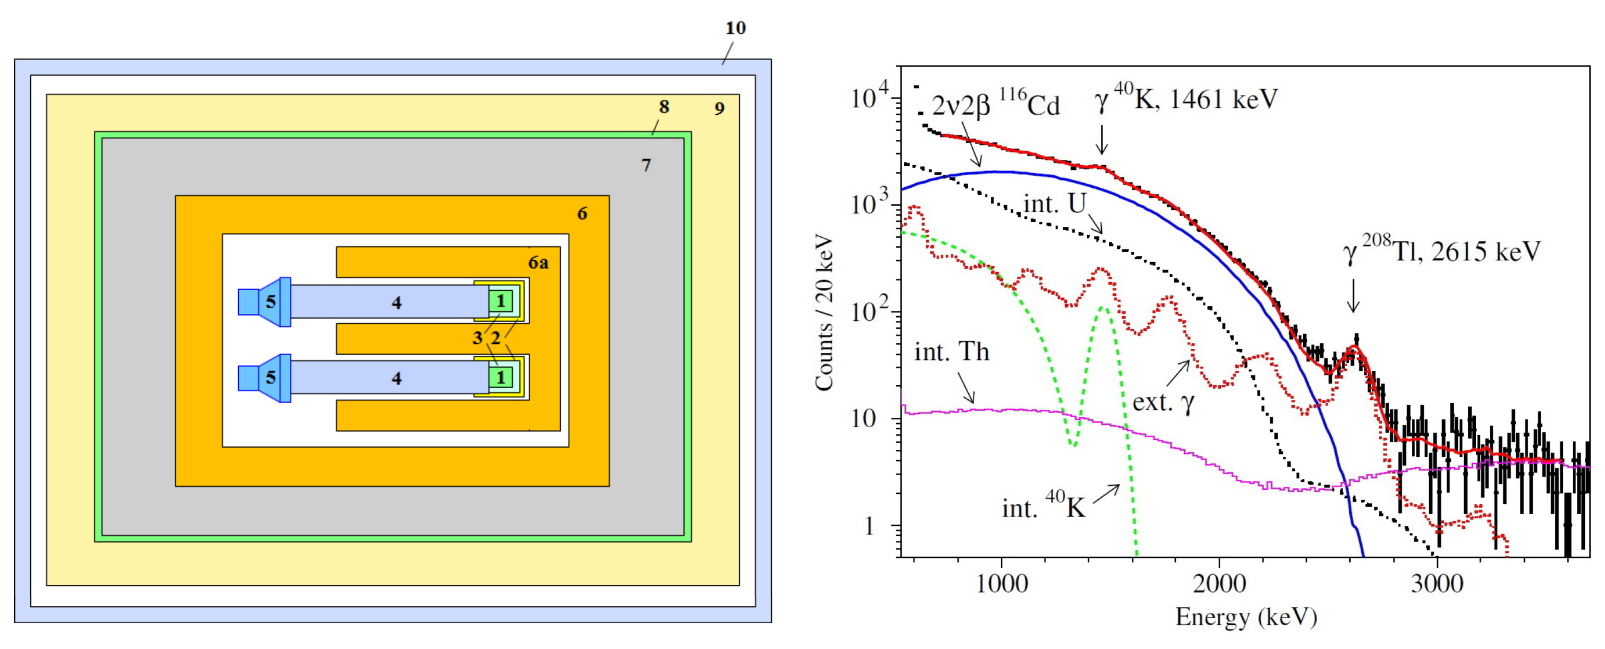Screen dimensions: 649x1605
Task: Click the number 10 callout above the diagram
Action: pyautogui.click(x=735, y=28)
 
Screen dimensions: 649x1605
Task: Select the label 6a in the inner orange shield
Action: pyautogui.click(x=539, y=263)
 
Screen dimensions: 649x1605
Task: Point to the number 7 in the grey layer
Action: pyautogui.click(x=646, y=165)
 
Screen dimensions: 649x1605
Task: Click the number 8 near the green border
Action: pyautogui.click(x=664, y=107)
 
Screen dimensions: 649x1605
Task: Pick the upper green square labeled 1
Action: pyautogui.click(x=500, y=302)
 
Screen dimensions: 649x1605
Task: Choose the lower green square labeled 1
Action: pyautogui.click(x=500, y=377)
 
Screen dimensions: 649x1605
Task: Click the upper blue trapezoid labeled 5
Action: pyautogui.click(x=271, y=302)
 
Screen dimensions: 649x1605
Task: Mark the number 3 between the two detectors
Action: pyautogui.click(x=477, y=338)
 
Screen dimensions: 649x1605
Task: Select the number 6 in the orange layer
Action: pyautogui.click(x=582, y=213)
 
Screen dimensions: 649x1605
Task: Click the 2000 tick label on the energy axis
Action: pyautogui.click(x=1219, y=584)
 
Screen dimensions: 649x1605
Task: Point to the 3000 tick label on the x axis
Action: pyautogui.click(x=1437, y=584)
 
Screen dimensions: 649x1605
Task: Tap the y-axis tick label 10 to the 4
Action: pyautogui.click(x=872, y=98)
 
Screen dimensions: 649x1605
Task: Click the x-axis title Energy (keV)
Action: pyautogui.click(x=1246, y=617)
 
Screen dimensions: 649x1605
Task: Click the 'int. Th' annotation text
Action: pyautogui.click(x=951, y=352)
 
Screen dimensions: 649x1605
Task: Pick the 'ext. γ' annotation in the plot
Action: pyautogui.click(x=1162, y=403)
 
